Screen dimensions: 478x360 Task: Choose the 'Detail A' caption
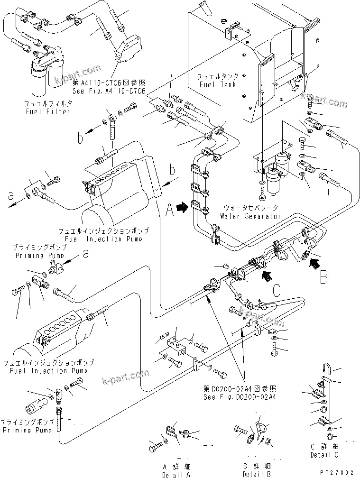pyautogui.click(x=176, y=474)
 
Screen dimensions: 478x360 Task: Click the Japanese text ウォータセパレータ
pyautogui.click(x=249, y=208)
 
